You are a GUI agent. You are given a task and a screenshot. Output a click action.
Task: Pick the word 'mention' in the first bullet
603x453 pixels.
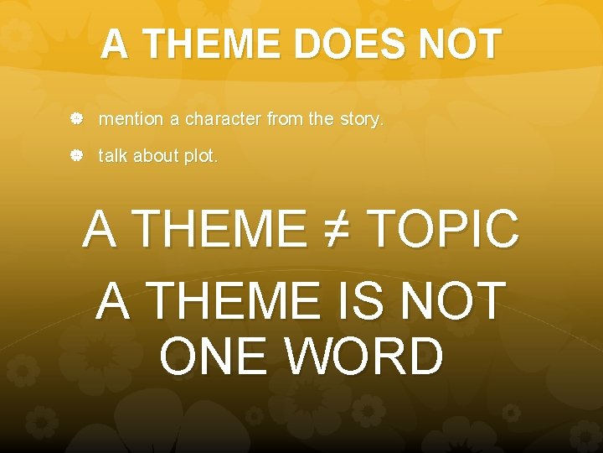131,120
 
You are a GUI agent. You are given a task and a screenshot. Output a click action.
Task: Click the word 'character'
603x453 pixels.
223,120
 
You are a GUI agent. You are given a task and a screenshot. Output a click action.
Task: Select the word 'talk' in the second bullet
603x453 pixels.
113,156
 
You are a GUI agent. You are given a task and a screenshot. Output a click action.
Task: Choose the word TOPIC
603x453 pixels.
443,228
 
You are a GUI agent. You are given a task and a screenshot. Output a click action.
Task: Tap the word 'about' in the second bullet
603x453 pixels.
157,156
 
